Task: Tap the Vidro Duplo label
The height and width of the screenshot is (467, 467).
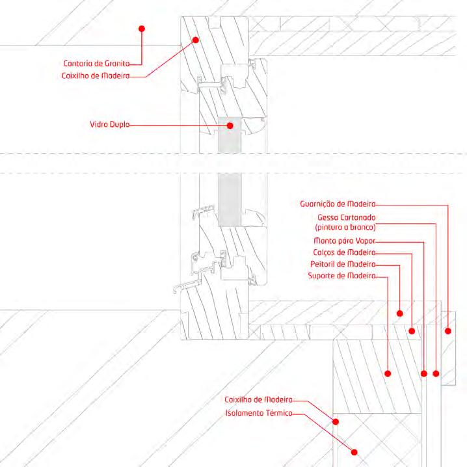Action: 109,124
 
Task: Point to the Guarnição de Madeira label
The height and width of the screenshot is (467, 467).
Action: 338,204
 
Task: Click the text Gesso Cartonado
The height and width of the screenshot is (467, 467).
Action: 347,217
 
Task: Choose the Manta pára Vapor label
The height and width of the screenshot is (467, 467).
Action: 345,241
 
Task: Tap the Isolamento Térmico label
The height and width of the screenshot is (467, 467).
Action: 258,413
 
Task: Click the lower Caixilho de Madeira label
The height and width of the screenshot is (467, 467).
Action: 258,400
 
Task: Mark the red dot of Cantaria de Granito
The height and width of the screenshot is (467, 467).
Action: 141,29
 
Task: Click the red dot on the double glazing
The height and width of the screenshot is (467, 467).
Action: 229,124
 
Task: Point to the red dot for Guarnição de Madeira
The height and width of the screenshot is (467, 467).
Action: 447,331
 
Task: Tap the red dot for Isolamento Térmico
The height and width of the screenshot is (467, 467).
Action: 355,452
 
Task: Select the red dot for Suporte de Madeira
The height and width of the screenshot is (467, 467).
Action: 388,373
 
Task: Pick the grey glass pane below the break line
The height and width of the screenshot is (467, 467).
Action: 228,198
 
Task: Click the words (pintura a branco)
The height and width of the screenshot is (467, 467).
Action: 345,228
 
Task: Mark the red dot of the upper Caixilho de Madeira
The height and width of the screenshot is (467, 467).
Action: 194,40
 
